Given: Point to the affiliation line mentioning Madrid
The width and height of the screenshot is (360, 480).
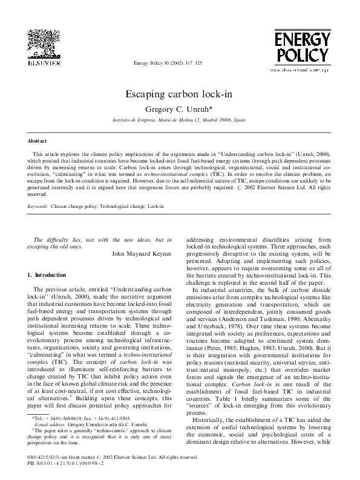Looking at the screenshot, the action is (x=180, y=121).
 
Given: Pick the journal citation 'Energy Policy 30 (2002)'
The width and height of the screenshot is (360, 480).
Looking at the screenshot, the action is (x=163, y=63).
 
